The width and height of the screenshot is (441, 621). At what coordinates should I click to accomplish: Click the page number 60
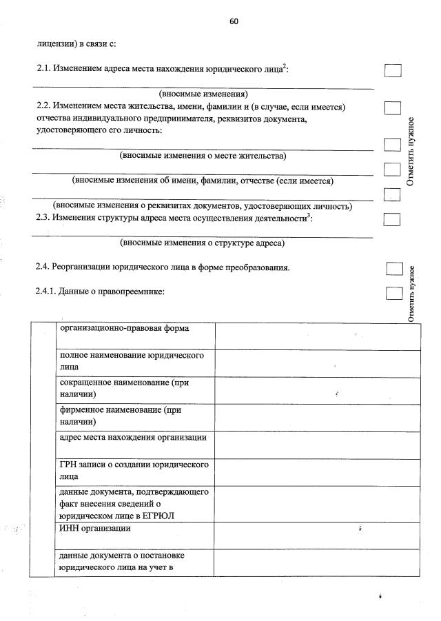coord(234,21)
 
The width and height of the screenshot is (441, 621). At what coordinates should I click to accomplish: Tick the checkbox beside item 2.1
coord(392,70)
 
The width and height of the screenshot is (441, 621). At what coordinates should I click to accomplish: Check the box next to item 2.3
coord(391,220)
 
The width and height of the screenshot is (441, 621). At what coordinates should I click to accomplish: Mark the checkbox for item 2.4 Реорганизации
coord(393,268)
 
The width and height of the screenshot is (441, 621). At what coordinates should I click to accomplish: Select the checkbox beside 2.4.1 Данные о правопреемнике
coord(393,293)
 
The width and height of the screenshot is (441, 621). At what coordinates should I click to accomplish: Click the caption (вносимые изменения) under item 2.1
coord(203,94)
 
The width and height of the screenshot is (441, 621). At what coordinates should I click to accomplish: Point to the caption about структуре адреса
coord(203,243)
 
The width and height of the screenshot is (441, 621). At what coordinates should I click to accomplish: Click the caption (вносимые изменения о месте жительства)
coord(203,156)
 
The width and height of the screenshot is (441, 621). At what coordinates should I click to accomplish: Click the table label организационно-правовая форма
coord(124,328)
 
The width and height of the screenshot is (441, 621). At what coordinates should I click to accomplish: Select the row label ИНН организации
coord(95,528)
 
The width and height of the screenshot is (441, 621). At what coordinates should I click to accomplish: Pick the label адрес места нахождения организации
coord(133,438)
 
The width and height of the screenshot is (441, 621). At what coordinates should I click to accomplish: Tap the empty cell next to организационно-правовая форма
coord(317,336)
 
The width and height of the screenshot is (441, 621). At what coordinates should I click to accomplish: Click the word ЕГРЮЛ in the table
coord(165,515)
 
